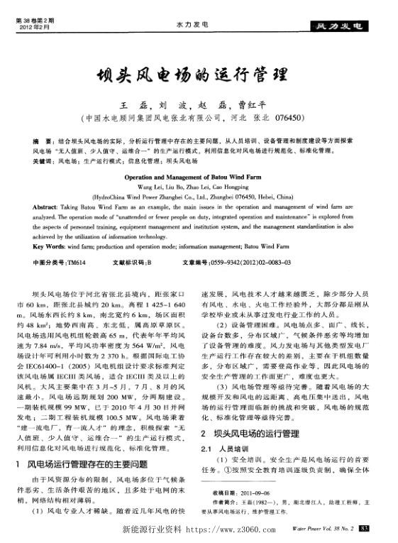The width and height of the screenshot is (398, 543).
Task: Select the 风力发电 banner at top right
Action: click(345, 27)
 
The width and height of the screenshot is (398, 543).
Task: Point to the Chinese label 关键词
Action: click(44, 161)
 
